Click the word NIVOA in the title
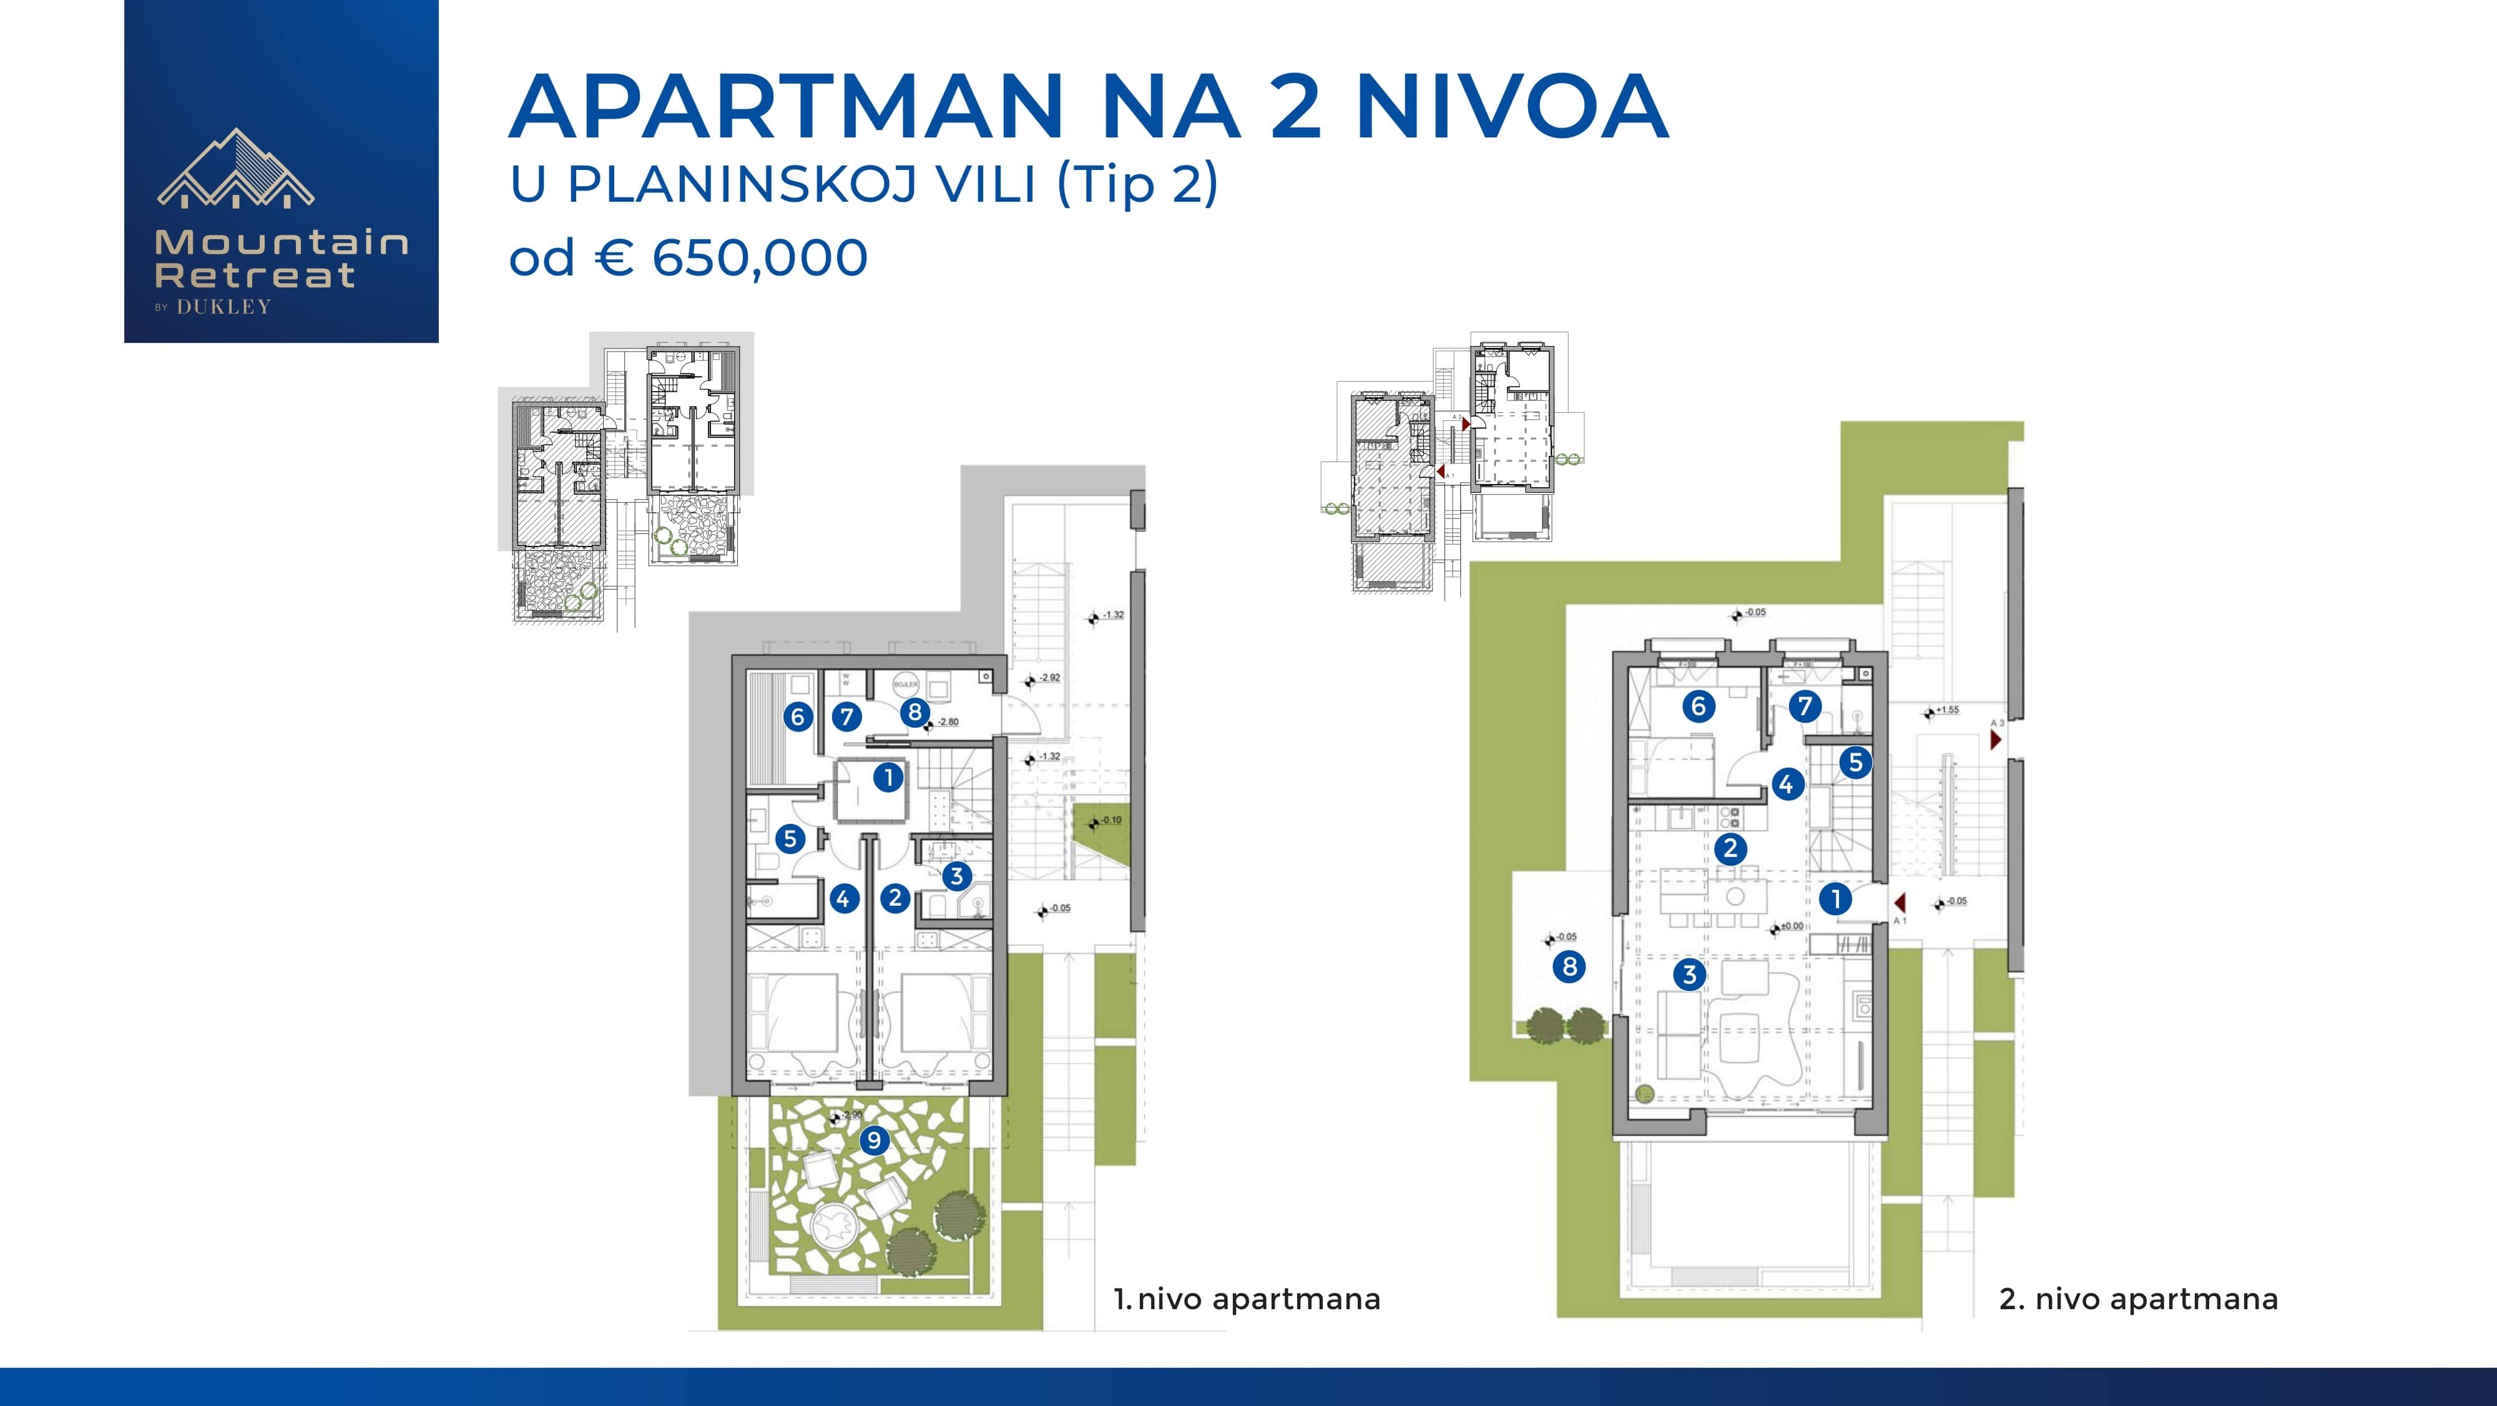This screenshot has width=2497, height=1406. click(x=1511, y=107)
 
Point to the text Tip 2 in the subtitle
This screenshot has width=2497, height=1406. click(x=1137, y=184)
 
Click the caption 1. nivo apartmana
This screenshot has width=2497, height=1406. click(x=1247, y=1299)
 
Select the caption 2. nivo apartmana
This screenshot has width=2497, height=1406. click(x=2138, y=1299)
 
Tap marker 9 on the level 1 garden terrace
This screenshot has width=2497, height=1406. click(x=875, y=1141)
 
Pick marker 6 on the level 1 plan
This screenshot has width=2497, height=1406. click(x=798, y=716)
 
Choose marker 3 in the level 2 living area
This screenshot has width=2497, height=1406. click(x=1690, y=974)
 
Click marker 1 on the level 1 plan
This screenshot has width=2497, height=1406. click(x=888, y=776)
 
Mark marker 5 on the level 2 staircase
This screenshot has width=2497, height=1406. click(x=1855, y=762)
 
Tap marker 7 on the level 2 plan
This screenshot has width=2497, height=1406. click(x=1804, y=706)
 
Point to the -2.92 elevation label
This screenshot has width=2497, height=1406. click(x=1050, y=678)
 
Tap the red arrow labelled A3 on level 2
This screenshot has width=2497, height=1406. click(x=1996, y=740)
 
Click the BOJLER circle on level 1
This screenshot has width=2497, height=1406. click(x=905, y=683)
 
